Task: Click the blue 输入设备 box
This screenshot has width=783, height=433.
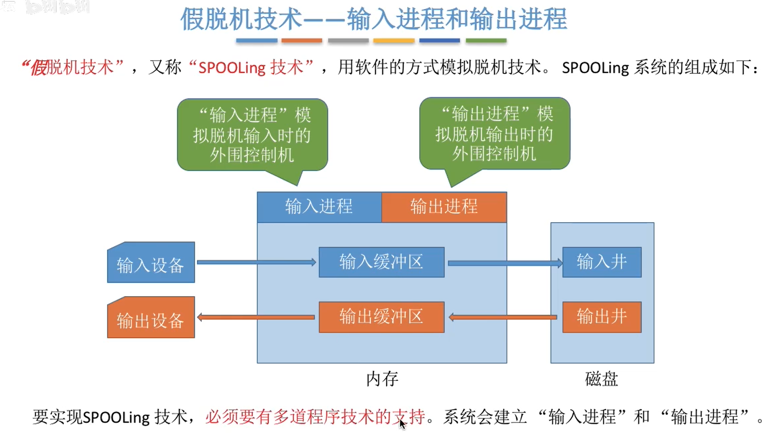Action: [151, 263]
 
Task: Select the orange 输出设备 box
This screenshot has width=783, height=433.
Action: [151, 318]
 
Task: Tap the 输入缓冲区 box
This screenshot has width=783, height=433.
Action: [381, 262]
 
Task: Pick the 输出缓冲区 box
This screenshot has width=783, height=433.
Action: [381, 317]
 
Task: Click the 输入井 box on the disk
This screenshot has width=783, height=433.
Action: [602, 262]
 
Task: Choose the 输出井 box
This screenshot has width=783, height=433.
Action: [602, 317]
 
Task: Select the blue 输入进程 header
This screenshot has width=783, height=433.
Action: [319, 207]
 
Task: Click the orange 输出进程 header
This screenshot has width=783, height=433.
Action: [444, 207]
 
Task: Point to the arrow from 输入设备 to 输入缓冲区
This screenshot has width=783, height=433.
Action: [256, 262]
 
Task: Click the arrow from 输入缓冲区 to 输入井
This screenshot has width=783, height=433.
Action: [504, 263]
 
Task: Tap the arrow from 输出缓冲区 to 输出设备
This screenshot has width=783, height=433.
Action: [256, 317]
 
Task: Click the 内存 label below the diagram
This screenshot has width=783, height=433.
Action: [382, 379]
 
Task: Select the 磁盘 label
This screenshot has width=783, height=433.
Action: [602, 379]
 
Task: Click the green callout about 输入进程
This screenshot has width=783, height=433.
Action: [252, 135]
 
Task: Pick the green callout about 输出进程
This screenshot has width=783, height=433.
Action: [495, 134]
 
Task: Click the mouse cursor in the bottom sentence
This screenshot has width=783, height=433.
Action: [402, 424]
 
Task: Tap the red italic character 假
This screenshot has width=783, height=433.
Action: [39, 68]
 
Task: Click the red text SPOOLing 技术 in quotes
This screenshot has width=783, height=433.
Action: [251, 68]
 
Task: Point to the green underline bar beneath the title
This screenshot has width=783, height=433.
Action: [486, 41]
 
